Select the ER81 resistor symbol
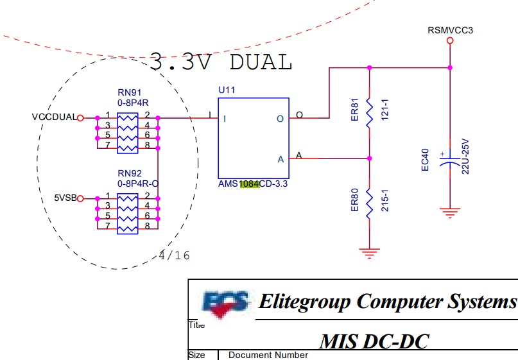pyautogui.click(x=369, y=114)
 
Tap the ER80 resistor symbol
pyautogui.click(x=369, y=205)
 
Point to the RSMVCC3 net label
pyautogui.click(x=450, y=30)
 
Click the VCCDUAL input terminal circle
pyautogui.click(x=80, y=118)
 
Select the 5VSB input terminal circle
pyautogui.click(x=80, y=198)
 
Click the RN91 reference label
pyautogui.click(x=129, y=92)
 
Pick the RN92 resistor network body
pyautogui.click(x=128, y=214)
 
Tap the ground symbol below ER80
pyautogui.click(x=369, y=253)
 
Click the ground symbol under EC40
pyautogui.click(x=449, y=213)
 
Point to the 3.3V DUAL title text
pyautogui.click(x=221, y=62)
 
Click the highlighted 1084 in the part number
pyautogui.click(x=250, y=184)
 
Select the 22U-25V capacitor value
pyautogui.click(x=465, y=157)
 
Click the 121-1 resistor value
pyautogui.click(x=385, y=110)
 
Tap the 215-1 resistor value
pyautogui.click(x=385, y=200)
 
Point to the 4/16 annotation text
pyautogui.click(x=175, y=255)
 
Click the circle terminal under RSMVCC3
pyautogui.click(x=450, y=40)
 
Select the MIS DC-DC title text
pyautogui.click(x=374, y=341)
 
